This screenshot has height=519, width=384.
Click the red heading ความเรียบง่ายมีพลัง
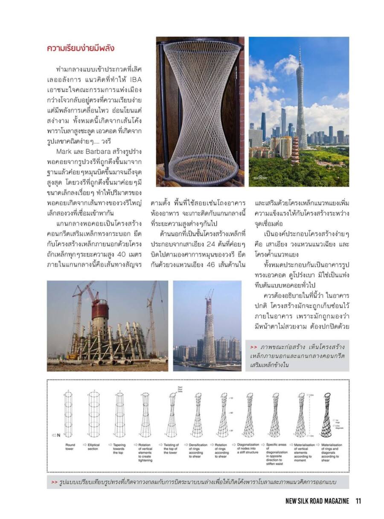[x=81, y=48]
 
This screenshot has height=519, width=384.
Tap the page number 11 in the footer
[x=358, y=501]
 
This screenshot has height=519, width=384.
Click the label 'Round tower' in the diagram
[x=70, y=447]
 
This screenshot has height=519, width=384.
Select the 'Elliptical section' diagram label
[x=93, y=447]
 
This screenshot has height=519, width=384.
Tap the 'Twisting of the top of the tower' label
[x=171, y=449]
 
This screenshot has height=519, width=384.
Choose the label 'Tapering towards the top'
[x=119, y=449]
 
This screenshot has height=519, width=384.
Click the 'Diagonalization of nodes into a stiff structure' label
[x=248, y=449]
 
